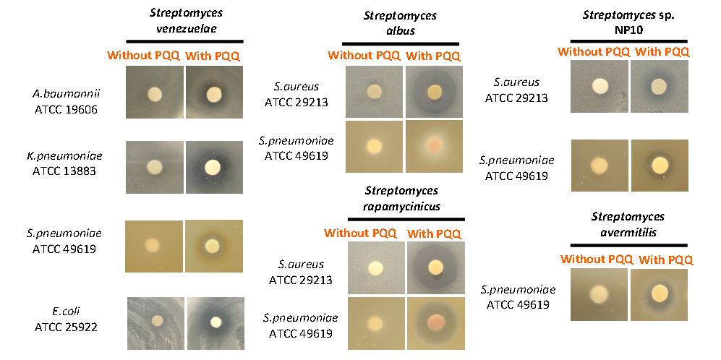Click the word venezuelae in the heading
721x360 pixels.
click(x=185, y=28)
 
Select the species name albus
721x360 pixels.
click(x=400, y=31)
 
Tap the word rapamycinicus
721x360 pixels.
click(x=401, y=206)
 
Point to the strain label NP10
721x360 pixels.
click(x=628, y=29)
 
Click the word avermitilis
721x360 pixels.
click(x=628, y=232)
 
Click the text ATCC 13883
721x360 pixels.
click(x=65, y=171)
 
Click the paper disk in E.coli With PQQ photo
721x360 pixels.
click(x=216, y=322)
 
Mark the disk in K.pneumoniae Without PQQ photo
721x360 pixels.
click(x=155, y=168)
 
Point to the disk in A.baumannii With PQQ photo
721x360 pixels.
click(x=214, y=94)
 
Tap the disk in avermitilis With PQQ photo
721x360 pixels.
click(x=660, y=293)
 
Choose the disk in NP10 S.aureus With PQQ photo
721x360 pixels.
click(x=659, y=86)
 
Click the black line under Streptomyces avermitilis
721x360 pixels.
click(x=628, y=246)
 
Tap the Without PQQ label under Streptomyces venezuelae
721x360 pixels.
click(x=143, y=56)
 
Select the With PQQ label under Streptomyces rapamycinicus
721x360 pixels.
click(x=434, y=233)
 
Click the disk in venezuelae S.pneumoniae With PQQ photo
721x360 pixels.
click(x=213, y=246)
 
